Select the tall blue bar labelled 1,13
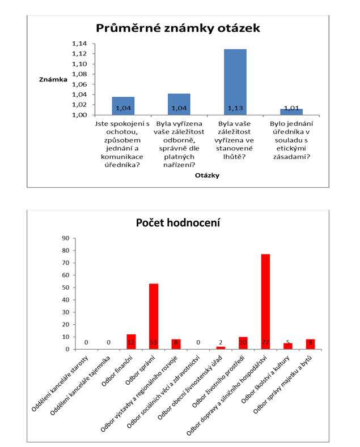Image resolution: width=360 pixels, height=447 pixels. click(x=235, y=82)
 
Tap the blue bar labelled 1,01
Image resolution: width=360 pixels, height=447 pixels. click(x=291, y=112)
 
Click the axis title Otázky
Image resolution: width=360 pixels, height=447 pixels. click(x=206, y=175)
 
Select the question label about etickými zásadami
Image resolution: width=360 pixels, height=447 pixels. click(x=291, y=140)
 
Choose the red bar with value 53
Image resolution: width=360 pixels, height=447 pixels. click(x=153, y=316)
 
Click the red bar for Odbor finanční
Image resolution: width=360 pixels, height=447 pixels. click(x=131, y=342)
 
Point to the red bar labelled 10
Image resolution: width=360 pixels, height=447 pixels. click(x=243, y=343)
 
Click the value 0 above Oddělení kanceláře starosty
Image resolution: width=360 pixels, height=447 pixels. click(x=86, y=343)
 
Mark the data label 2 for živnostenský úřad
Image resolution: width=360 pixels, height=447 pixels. click(x=220, y=343)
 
